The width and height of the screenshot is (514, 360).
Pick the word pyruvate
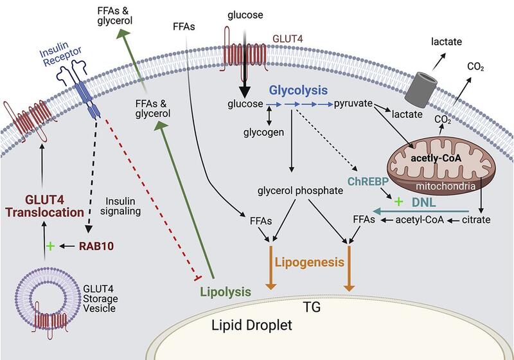(x=354, y=104)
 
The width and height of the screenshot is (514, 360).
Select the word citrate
(x=476, y=220)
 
